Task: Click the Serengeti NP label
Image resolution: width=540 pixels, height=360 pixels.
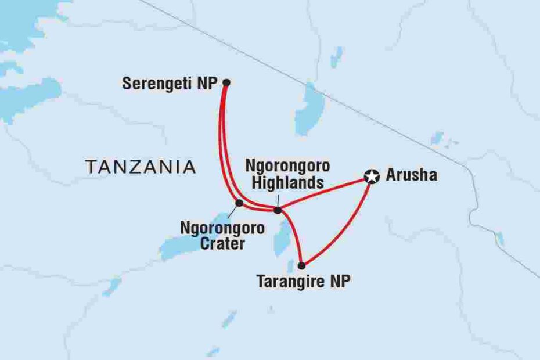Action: tap(170, 84)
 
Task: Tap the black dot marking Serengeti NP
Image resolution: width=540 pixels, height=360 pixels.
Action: tap(227, 82)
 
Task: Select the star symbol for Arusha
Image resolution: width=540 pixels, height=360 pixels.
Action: tap(372, 176)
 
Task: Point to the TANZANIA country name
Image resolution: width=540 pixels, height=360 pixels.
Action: tap(140, 168)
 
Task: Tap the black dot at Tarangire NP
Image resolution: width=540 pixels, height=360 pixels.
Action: tap(301, 265)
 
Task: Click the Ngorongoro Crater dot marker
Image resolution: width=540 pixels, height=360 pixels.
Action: tap(239, 203)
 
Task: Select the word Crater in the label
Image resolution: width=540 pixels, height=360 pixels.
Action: tap(223, 244)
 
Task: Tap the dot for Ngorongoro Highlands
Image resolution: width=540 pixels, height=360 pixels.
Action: tap(278, 210)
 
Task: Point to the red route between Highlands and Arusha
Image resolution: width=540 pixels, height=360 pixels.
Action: tap(325, 193)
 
